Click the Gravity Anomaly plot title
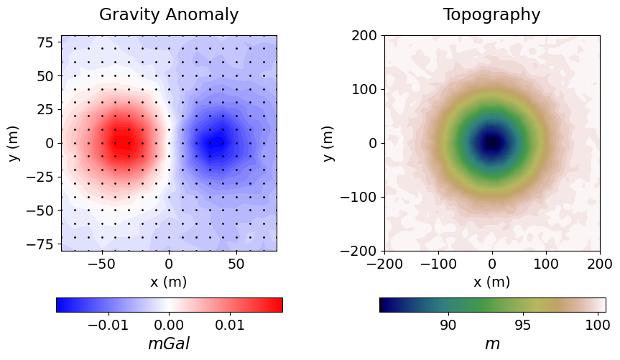[x=169, y=14]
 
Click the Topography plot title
[x=491, y=14]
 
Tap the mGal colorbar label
[x=169, y=343]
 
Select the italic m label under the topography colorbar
[x=492, y=343]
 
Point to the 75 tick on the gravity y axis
[x=45, y=42]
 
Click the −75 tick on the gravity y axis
[x=41, y=244]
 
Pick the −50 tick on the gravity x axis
[x=101, y=264]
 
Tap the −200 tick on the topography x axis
[x=384, y=264]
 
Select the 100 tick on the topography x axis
[x=546, y=264]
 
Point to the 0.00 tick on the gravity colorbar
[x=170, y=325]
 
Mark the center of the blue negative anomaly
[x=216, y=142]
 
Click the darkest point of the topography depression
[x=492, y=143]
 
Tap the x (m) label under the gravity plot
[x=169, y=282]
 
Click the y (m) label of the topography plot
[x=329, y=143]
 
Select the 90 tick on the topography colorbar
[x=448, y=325]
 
